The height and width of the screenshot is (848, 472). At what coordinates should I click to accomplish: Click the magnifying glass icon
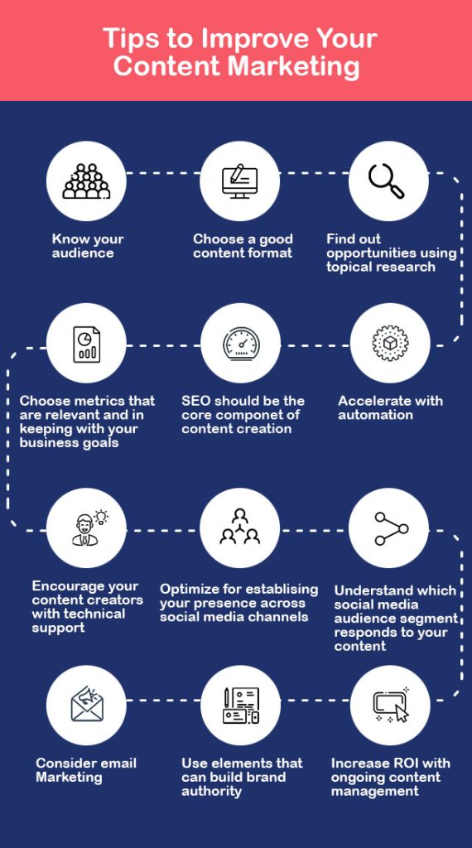(386, 181)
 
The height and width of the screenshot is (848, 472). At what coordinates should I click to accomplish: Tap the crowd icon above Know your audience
(86, 181)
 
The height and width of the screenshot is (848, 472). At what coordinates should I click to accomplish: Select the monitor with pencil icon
(239, 181)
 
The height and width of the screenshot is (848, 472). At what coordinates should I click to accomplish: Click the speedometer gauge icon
(241, 343)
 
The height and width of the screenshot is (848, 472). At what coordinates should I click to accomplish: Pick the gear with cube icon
(390, 344)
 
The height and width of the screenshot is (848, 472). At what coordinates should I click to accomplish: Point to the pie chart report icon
(86, 344)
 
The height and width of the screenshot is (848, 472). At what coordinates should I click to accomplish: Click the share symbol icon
(392, 528)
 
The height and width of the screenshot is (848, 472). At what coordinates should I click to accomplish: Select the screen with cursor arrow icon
(391, 704)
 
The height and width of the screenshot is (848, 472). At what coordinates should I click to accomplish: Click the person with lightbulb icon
(89, 528)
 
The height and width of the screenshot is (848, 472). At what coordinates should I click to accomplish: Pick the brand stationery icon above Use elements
(241, 705)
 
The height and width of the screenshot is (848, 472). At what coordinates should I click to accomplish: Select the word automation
(375, 415)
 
